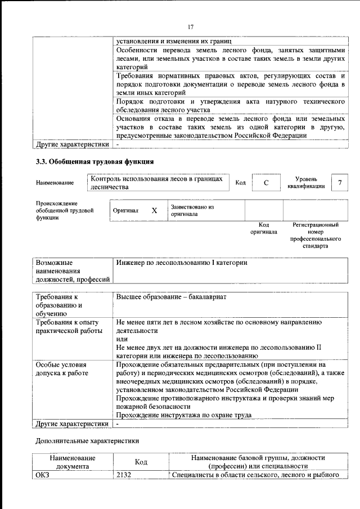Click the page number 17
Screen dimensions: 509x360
pos(191,27)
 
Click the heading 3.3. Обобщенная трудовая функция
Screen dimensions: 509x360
pos(94,162)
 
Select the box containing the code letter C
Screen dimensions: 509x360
pos(265,183)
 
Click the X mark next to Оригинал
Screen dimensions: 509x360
pos(154,210)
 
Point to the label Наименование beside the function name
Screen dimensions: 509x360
pos(55,183)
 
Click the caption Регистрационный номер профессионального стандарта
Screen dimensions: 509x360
pos(315,235)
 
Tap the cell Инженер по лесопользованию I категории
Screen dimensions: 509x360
pos(182,263)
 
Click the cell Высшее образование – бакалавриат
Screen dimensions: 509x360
pos(172,296)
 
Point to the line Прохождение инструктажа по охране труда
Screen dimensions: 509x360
pos(183,415)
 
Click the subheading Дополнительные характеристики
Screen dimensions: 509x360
pos(87,441)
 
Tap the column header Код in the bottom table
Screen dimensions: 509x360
pos(141,462)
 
